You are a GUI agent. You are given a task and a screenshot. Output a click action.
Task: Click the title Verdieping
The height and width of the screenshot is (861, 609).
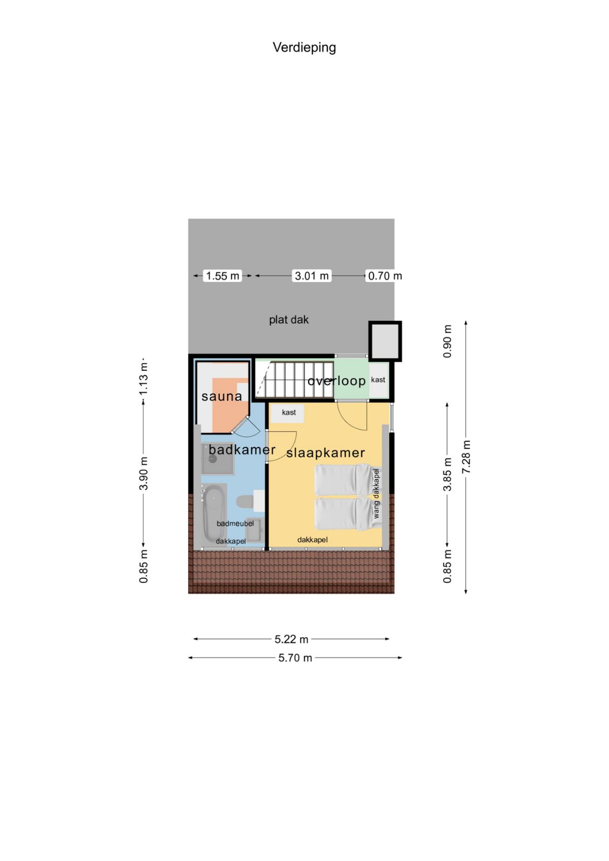pyautogui.click(x=304, y=48)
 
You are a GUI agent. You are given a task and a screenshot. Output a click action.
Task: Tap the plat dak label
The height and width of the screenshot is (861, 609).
pyautogui.click(x=289, y=320)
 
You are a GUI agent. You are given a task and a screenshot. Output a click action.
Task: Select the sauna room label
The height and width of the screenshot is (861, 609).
pyautogui.click(x=222, y=396)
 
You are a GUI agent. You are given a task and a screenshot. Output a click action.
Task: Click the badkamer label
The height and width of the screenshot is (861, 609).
pyautogui.click(x=242, y=450)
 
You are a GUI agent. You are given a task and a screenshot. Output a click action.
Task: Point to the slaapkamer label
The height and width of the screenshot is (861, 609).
pyautogui.click(x=326, y=453)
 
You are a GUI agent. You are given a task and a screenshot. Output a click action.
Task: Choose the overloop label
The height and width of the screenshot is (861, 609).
pyautogui.click(x=336, y=381)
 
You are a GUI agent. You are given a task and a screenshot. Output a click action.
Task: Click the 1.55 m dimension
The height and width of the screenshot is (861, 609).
pyautogui.click(x=223, y=275)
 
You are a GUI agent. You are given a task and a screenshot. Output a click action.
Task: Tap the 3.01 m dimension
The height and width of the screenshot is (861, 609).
pyautogui.click(x=312, y=275)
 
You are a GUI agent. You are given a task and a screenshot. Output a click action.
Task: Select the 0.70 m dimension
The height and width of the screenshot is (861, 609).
pyautogui.click(x=385, y=275)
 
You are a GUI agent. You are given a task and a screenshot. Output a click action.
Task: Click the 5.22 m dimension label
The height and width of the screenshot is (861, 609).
pyautogui.click(x=291, y=639)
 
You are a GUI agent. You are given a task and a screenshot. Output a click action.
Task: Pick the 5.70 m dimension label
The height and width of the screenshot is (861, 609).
pyautogui.click(x=295, y=658)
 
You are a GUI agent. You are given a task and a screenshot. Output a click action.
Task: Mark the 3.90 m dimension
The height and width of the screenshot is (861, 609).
pyautogui.click(x=144, y=473)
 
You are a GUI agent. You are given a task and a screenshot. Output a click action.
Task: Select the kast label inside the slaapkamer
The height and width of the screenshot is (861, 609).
pyautogui.click(x=289, y=412)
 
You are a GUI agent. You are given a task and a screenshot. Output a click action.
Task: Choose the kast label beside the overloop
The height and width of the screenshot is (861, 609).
pyautogui.click(x=378, y=380)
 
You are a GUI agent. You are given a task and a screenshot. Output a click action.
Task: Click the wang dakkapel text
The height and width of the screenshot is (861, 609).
pyautogui.click(x=376, y=493)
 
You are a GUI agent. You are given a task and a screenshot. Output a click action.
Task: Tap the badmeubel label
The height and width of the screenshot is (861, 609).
pyautogui.click(x=235, y=524)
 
